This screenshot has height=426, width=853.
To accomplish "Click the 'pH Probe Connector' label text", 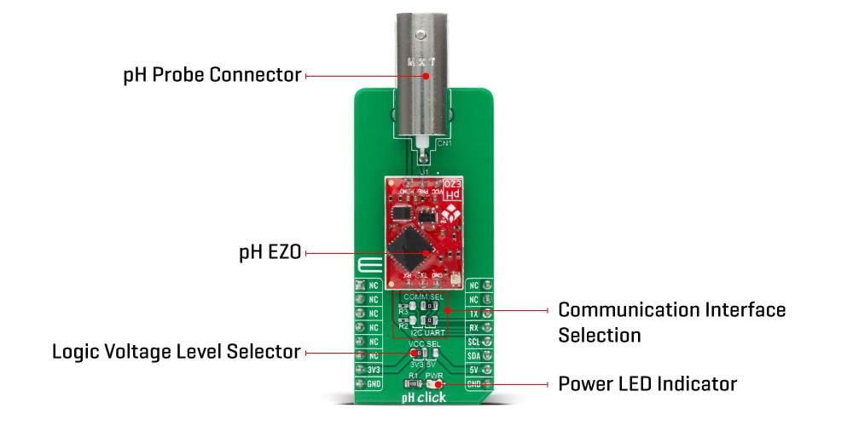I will coord(212,75).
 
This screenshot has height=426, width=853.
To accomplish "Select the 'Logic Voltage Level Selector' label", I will coord(176,351).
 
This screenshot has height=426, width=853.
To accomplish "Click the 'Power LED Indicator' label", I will coord(647,383).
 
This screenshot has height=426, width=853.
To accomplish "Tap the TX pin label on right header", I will coord(474,314).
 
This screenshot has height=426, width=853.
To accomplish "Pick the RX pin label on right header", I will coord(474,327).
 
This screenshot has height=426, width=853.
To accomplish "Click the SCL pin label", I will coord(474,342).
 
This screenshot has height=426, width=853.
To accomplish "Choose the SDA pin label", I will coord(474,355).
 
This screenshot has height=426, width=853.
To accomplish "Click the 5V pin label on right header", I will coord(474,370).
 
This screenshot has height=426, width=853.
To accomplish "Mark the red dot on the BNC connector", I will coord(425,76).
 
